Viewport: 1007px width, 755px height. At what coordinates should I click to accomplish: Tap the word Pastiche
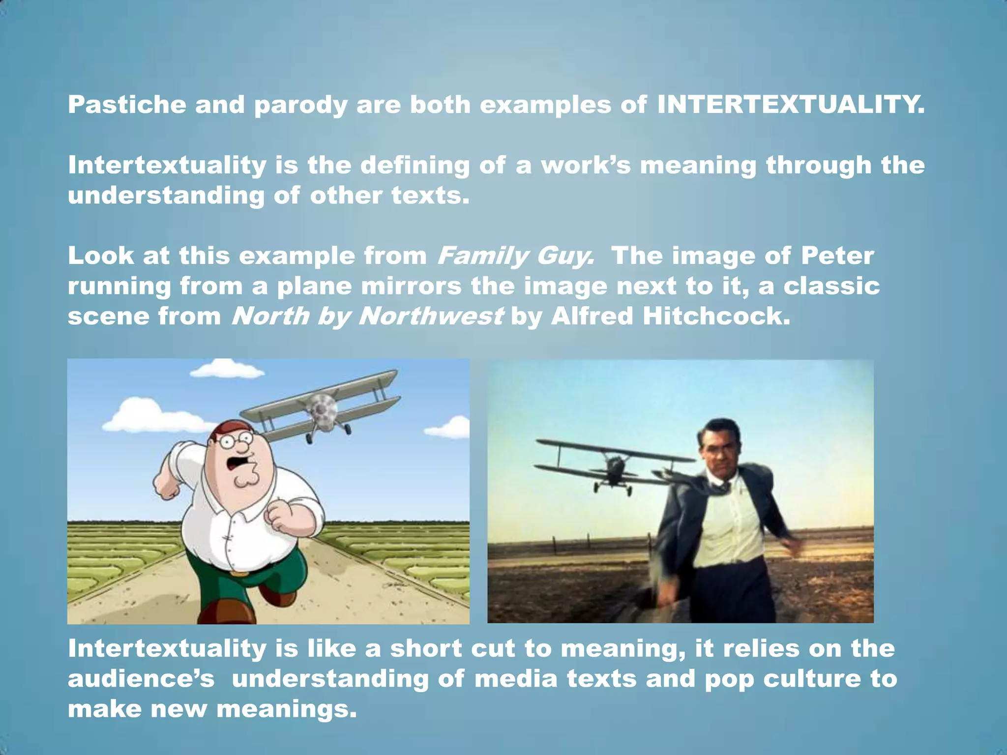click(127, 105)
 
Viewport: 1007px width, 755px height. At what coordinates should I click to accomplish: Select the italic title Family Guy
click(515, 256)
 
